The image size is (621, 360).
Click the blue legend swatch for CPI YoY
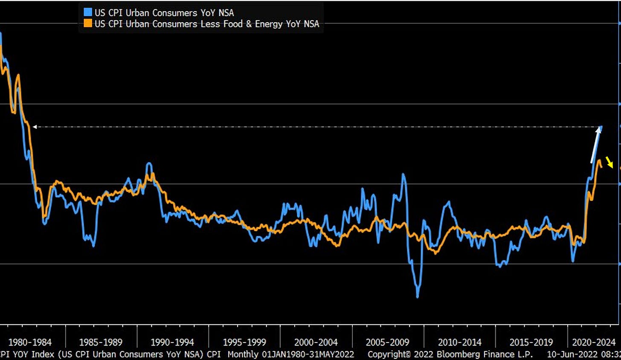coord(88,12)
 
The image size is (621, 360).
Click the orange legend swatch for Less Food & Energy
coord(88,24)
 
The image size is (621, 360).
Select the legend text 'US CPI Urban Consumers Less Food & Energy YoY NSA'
coord(207,24)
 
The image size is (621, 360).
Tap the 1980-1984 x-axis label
coord(30,342)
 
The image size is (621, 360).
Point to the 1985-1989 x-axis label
coord(101,342)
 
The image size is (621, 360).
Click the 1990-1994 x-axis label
coord(172,342)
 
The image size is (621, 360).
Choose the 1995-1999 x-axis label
coord(244,342)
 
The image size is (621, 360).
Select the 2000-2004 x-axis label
coord(316,342)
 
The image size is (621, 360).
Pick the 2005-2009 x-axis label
coord(387,342)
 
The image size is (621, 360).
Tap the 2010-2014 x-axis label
coord(459,342)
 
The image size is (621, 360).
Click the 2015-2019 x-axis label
coord(531,342)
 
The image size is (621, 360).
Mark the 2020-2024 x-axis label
coord(594,342)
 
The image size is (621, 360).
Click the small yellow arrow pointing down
coord(609,163)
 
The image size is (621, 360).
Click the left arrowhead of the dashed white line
coord(35,127)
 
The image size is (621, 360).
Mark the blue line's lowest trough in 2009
coord(418,296)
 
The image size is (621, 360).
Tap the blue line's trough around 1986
coord(93,245)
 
